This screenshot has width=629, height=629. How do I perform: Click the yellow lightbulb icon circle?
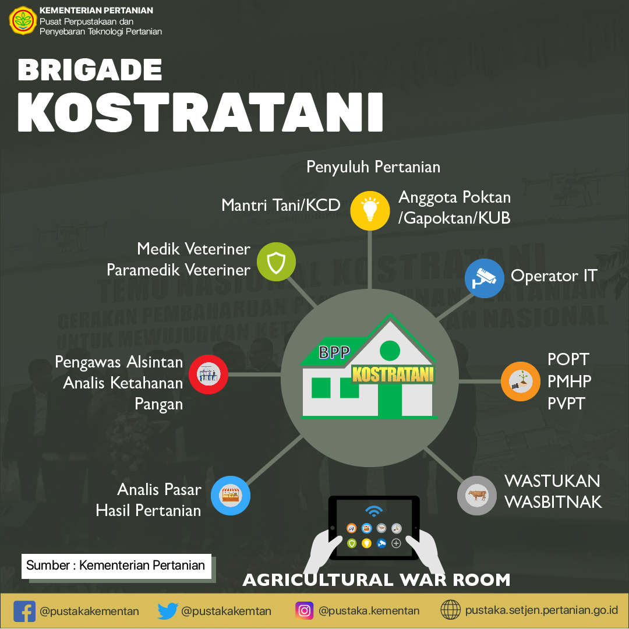(x=370, y=211)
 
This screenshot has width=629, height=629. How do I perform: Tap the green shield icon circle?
(x=277, y=262)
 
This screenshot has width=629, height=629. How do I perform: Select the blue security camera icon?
(x=484, y=278)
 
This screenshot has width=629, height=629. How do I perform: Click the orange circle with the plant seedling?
(x=520, y=381)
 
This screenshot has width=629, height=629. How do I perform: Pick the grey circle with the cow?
(x=477, y=496)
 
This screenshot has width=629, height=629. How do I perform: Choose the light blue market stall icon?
(x=231, y=496)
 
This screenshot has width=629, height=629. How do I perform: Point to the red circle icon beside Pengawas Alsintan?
(x=208, y=374)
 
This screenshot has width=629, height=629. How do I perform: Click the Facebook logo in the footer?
(x=24, y=611)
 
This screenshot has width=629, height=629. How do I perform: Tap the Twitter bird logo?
(x=168, y=611)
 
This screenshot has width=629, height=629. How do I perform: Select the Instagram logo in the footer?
(x=305, y=610)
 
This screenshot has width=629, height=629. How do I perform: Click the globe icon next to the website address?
(x=450, y=610)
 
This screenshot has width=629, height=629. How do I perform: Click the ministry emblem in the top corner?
(x=23, y=20)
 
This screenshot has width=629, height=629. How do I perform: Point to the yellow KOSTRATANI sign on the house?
(x=393, y=374)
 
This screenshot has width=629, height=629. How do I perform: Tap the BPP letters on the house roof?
(x=334, y=352)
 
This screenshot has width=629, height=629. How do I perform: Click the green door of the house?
(x=390, y=400)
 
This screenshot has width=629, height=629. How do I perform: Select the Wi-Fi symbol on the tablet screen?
(x=374, y=511)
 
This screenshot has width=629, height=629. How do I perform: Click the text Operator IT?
(x=554, y=276)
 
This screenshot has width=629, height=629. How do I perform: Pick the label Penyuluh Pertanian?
(x=373, y=167)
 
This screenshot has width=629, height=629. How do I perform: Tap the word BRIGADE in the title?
(x=90, y=70)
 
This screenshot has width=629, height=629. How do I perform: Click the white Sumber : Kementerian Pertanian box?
(x=116, y=566)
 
